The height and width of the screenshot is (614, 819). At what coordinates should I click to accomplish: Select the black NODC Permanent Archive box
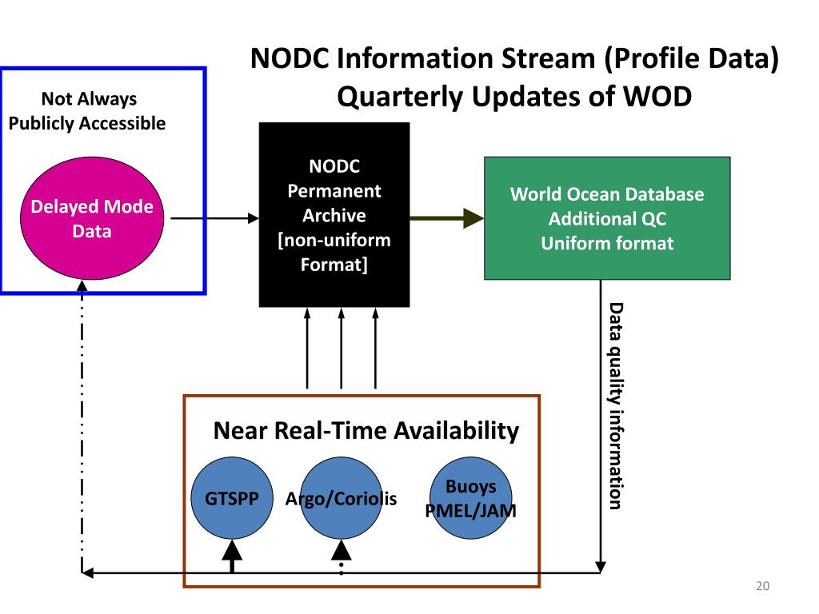click(334, 214)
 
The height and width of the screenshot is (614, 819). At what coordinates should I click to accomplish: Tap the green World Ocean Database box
click(607, 217)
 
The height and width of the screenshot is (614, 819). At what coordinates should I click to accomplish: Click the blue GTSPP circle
click(232, 499)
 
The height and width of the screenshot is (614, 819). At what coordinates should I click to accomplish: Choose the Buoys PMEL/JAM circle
click(471, 498)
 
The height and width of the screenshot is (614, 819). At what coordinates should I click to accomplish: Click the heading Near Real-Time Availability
click(366, 432)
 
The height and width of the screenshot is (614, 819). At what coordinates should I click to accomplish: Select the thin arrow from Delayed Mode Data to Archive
click(215, 217)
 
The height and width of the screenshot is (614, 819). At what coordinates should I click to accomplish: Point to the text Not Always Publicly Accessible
click(87, 111)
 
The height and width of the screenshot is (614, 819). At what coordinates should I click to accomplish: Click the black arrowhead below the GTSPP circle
click(232, 551)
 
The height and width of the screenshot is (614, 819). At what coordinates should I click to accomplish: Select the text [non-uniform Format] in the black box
click(334, 251)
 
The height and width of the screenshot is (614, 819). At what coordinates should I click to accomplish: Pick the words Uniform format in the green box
click(607, 243)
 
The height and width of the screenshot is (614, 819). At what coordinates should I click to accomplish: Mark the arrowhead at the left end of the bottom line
click(88, 572)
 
